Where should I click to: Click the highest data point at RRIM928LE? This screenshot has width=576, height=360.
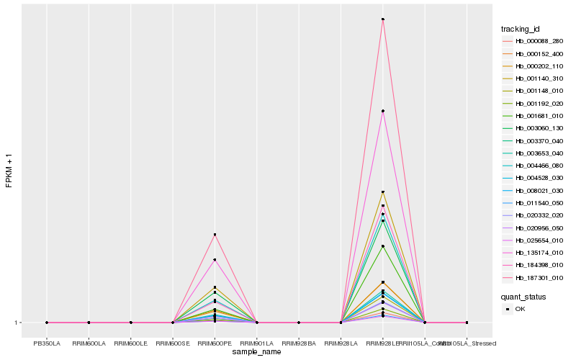click(x=383, y=19)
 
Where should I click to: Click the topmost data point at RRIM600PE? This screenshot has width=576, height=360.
click(x=215, y=235)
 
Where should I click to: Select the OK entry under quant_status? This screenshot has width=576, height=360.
click(x=521, y=309)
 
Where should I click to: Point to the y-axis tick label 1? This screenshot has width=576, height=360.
click(x=17, y=323)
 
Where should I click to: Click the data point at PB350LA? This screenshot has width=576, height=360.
click(x=47, y=323)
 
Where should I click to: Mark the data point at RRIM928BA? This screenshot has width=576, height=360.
click(x=299, y=323)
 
